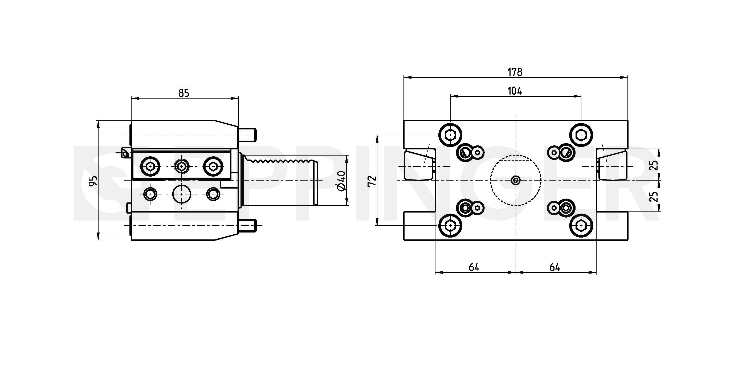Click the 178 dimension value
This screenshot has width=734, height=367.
click(515, 72)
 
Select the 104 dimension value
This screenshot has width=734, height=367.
click(515, 91)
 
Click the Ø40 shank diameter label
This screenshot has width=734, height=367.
click(341, 181)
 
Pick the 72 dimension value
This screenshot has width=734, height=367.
click(372, 181)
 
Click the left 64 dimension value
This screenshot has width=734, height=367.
click(474, 267)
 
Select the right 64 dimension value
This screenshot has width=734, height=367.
click(554, 267)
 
